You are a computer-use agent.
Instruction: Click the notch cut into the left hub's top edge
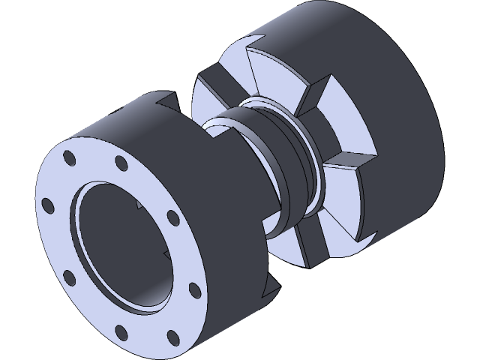pos(166,99)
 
